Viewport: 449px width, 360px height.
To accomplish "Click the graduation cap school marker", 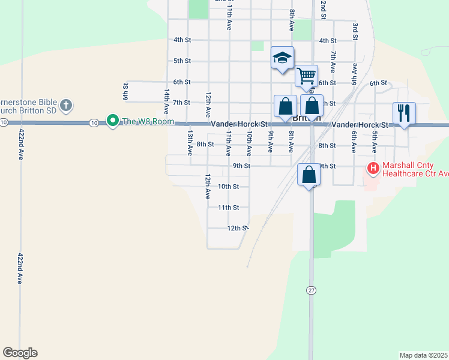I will point(282,58).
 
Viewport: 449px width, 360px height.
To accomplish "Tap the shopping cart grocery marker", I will point(306,76).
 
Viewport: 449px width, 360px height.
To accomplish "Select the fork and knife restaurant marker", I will point(403,112).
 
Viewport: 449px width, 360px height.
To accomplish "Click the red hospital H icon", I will point(373,168).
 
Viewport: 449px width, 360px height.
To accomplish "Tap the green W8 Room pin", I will point(112,121).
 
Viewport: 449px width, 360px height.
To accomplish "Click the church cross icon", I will point(67,106).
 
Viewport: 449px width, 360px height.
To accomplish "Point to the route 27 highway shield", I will point(311,290).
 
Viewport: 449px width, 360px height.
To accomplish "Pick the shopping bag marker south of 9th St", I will point(309,175).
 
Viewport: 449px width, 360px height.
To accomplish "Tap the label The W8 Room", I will point(147,122).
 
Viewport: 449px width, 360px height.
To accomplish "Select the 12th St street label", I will point(237,228).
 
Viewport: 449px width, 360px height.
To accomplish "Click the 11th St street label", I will point(228,208).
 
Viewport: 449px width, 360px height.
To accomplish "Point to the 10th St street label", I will point(228,187).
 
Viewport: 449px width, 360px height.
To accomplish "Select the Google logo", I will point(20,353).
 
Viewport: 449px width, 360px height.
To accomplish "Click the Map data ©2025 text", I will point(423,355).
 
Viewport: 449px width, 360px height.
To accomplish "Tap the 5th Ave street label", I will point(374,142).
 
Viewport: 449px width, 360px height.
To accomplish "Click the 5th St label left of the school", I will point(182,61).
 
